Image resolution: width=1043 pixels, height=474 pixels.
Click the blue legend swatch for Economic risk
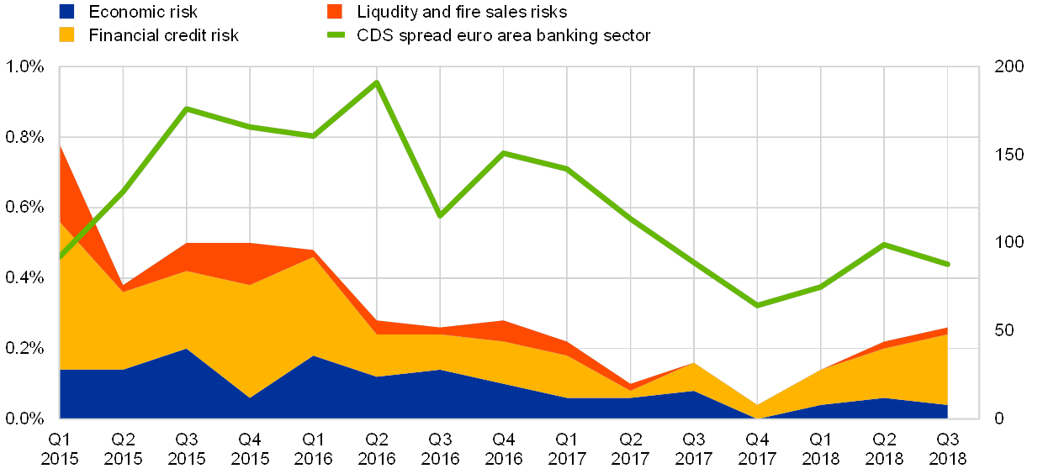click(67, 12)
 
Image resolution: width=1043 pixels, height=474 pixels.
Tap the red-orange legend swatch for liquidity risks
click(335, 12)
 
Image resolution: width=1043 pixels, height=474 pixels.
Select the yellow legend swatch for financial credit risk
click(67, 34)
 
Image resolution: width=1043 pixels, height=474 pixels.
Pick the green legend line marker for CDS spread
click(335, 34)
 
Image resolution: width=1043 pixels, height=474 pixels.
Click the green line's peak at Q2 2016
click(377, 82)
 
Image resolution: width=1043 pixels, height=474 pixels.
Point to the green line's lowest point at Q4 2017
click(758, 305)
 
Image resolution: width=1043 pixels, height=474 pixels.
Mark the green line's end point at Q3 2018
click(948, 265)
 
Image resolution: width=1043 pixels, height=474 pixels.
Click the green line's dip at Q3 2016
click(440, 215)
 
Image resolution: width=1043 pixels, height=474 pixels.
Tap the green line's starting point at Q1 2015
click(60, 256)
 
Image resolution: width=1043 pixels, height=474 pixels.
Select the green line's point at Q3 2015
click(186, 108)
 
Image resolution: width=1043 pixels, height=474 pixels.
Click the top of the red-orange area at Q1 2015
click(60, 146)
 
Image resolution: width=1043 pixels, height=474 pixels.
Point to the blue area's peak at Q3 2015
click(186, 348)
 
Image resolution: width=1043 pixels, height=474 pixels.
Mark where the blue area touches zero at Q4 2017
click(758, 418)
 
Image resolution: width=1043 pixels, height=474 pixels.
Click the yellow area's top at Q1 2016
click(313, 256)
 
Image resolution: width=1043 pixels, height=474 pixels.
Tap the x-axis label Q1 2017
click(567, 449)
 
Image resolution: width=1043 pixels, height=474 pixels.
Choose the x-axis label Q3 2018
click(948, 449)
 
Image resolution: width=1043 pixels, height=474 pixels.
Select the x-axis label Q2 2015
click(123, 449)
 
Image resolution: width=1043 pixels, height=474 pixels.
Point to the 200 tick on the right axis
click(1009, 66)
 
